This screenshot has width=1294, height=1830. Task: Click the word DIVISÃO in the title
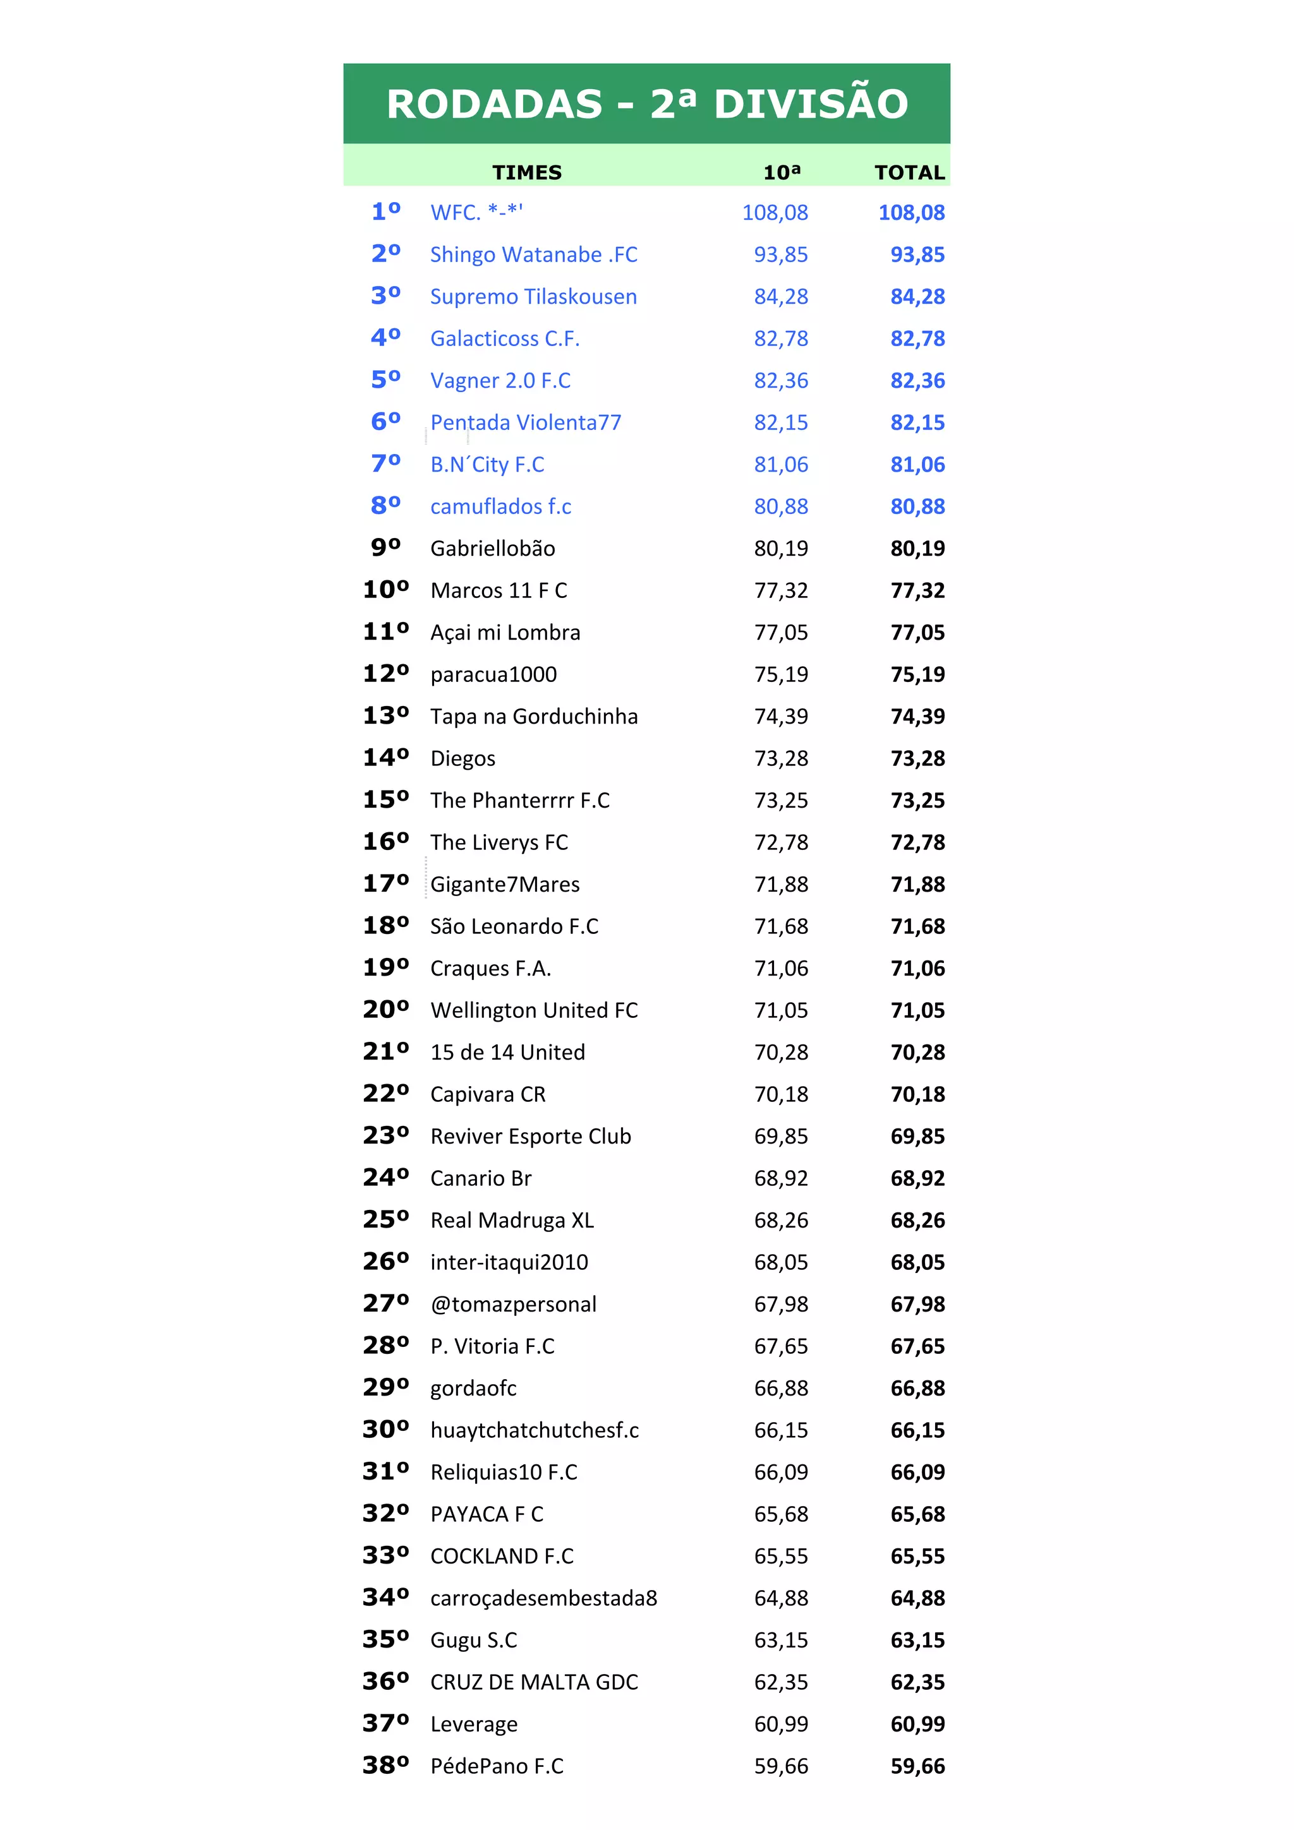[x=811, y=104]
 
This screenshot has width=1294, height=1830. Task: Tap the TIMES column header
[x=526, y=172]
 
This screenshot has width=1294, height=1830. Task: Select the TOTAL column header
[x=909, y=172]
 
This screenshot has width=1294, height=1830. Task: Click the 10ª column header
[x=782, y=172]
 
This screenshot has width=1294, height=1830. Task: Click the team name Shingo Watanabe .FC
[x=533, y=254]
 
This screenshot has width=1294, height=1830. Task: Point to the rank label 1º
[x=386, y=211]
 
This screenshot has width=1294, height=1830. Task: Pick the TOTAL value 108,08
[x=911, y=212]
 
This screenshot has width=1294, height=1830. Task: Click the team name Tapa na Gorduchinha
[x=533, y=717]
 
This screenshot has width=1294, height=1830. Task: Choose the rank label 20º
[x=386, y=1009]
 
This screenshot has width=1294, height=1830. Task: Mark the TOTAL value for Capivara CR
[x=917, y=1094]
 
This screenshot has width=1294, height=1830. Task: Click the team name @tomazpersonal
[x=512, y=1304]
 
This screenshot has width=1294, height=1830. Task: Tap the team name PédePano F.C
[x=496, y=1766]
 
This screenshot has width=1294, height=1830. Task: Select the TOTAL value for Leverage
[x=917, y=1724]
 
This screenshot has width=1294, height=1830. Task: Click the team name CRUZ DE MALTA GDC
[x=533, y=1682]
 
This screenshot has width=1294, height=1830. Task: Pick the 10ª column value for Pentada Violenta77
[x=780, y=422]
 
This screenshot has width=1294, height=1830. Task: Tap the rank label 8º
[x=386, y=505]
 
